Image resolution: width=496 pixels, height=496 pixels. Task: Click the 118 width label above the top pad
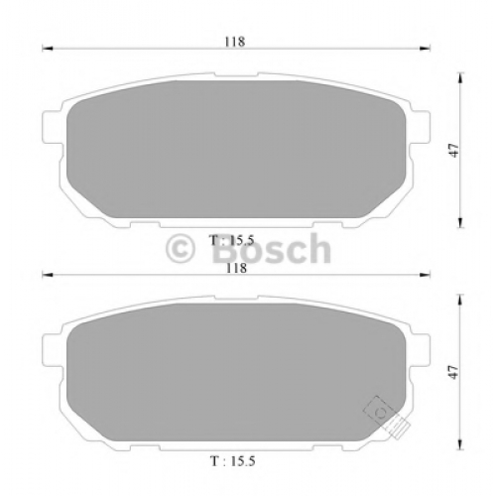235,42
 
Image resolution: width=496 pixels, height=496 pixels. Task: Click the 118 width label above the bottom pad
236,268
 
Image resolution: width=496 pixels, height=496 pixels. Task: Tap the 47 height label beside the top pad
455,151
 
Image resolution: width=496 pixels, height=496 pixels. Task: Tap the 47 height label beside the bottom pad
455,372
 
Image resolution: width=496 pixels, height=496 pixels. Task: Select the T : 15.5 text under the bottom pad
233,461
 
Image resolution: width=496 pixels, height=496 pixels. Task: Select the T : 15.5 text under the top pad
231,240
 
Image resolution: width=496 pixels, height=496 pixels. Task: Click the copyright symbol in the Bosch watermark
181,249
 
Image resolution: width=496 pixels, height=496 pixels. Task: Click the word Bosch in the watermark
271,248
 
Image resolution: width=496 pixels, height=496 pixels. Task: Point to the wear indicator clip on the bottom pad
387,418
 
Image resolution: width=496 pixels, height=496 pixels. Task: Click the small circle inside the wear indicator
381,413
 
